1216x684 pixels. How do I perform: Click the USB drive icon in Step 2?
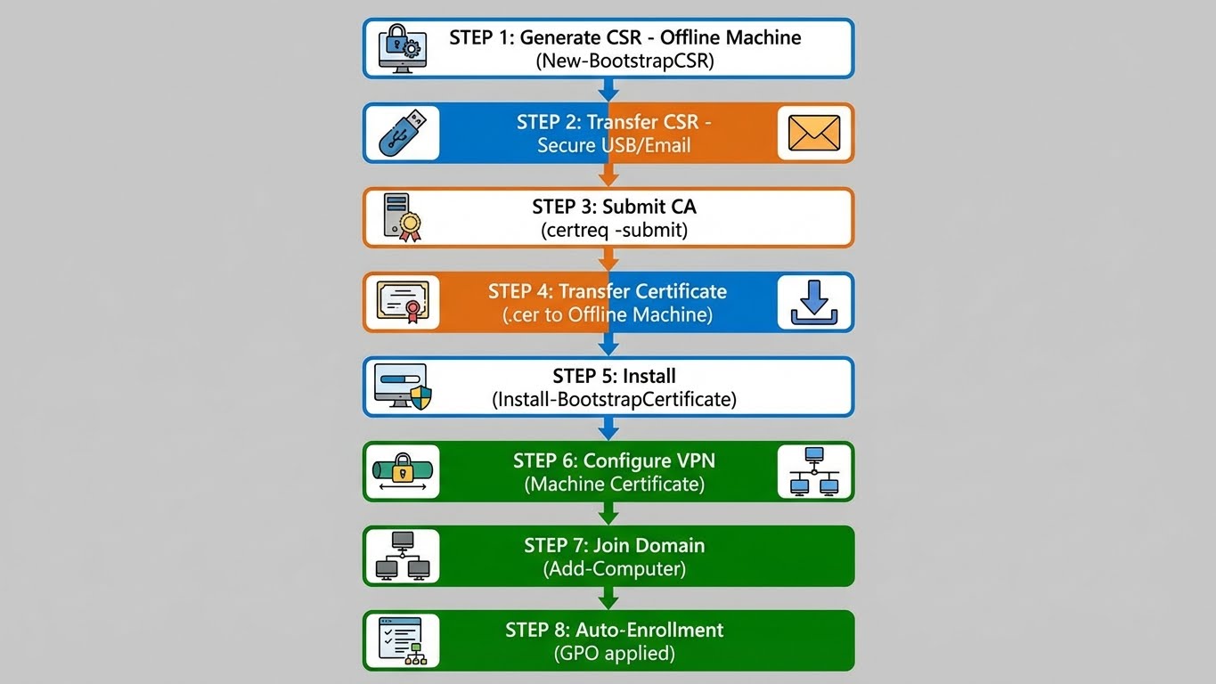401,133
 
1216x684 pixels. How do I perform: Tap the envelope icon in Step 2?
815,133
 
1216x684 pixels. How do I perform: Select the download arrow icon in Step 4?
815,302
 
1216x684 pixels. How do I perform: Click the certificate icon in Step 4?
402,302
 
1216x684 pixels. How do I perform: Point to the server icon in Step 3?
402,217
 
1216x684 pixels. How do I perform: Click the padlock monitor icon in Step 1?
402,48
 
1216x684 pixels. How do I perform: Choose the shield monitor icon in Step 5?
402,387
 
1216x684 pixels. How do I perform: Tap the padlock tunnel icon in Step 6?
402,471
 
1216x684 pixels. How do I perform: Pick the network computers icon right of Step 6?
815,471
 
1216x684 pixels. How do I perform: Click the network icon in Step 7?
402,556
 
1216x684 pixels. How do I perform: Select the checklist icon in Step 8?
402,640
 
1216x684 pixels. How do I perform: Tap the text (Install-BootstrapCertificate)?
614,400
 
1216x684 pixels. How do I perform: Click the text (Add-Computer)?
614,569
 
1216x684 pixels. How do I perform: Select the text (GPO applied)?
614,654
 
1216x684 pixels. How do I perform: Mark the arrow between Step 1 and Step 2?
608,91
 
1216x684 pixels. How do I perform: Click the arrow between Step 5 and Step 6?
608,429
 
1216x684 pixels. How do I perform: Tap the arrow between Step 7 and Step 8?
608,598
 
